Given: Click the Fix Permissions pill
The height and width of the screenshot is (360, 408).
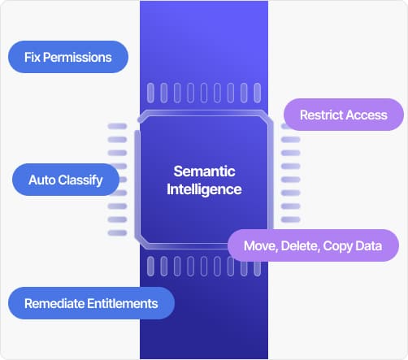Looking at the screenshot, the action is tap(68, 57).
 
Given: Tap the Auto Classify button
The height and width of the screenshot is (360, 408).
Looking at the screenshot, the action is tap(66, 180).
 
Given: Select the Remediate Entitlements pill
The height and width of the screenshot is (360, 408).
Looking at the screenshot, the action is tap(91, 303).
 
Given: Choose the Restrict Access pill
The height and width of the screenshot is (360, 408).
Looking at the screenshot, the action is tap(344, 115).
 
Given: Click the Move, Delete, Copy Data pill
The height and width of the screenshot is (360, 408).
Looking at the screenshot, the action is tap(313, 245).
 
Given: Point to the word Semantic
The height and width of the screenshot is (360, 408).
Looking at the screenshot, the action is tap(204, 171).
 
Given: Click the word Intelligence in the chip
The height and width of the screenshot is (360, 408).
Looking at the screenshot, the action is tap(204, 189).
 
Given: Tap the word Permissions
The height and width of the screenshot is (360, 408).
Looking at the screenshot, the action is tap(77, 57).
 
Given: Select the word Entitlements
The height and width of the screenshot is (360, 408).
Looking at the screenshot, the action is tap(123, 303).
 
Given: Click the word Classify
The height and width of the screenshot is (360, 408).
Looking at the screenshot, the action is tap(80, 180).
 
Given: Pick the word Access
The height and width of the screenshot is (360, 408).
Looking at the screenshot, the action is tap(367, 115).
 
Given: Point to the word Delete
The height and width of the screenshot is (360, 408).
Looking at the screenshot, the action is tap(300, 246).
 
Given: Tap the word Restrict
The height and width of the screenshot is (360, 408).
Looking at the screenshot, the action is tap(321, 115).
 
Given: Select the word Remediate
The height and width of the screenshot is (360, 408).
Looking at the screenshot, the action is tap(54, 303).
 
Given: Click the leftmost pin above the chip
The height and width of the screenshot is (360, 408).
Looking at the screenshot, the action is tap(150, 93).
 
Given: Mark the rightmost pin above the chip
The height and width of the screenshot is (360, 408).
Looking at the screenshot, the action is tap(258, 93).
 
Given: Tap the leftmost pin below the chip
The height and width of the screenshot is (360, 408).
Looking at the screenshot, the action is tap(150, 267).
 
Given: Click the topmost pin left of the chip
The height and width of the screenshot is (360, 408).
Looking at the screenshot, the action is tap(117, 126).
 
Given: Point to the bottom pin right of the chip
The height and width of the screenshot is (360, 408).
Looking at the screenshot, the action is tap(291, 219).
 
